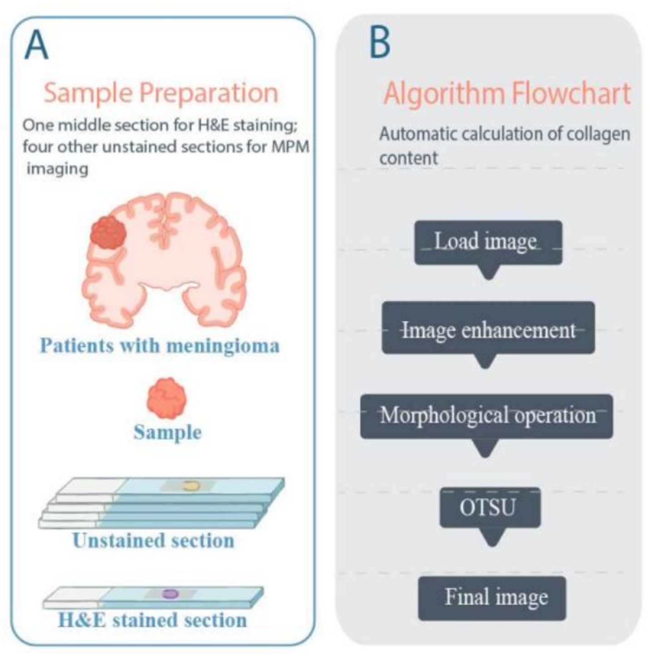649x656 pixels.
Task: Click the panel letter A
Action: pyautogui.click(x=36, y=45)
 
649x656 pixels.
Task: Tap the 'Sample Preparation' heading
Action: pyautogui.click(x=161, y=93)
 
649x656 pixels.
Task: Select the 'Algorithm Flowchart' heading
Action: pyautogui.click(x=507, y=94)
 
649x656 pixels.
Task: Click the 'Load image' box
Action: pyautogui.click(x=488, y=242)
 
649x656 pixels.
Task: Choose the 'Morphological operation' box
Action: pyautogui.click(x=486, y=416)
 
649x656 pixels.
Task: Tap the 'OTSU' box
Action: pyautogui.click(x=490, y=507)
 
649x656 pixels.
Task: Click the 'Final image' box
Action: pyautogui.click(x=492, y=597)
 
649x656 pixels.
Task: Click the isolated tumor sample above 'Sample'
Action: pyautogui.click(x=167, y=398)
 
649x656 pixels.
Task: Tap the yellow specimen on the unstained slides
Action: pyautogui.click(x=191, y=486)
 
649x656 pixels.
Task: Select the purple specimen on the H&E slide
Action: pyautogui.click(x=170, y=593)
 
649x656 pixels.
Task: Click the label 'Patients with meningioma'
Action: pyautogui.click(x=159, y=346)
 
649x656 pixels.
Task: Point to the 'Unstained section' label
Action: pyautogui.click(x=153, y=541)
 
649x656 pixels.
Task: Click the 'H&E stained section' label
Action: pyautogui.click(x=153, y=620)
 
